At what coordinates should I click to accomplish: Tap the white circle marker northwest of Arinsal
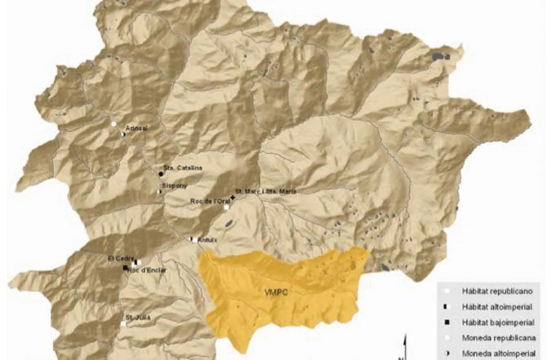click(x=114, y=123)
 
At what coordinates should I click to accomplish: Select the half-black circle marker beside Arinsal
click(x=123, y=135)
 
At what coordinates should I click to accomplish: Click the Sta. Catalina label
click(x=183, y=168)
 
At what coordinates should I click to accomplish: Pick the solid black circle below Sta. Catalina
click(x=161, y=174)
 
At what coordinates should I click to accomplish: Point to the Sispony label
click(x=171, y=186)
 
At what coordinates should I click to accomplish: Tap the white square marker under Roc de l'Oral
click(x=226, y=207)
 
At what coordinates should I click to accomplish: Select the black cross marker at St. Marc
click(x=233, y=196)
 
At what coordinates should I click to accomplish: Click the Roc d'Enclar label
click(x=147, y=270)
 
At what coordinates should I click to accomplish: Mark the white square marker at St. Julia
click(x=123, y=323)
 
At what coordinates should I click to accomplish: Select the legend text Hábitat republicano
click(x=497, y=291)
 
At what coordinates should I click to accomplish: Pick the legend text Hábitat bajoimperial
click(x=498, y=322)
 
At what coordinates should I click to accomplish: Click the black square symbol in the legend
click(x=447, y=322)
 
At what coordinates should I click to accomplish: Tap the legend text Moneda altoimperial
click(x=498, y=353)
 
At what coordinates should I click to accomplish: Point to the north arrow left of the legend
click(x=404, y=347)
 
